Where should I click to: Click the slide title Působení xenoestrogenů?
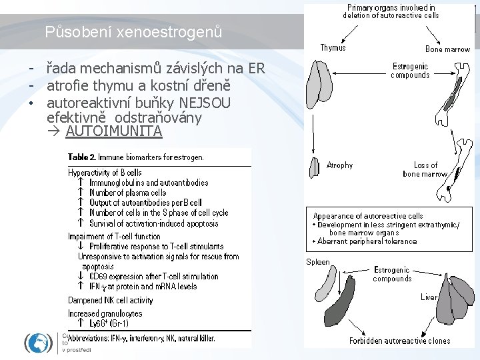coord(133,31)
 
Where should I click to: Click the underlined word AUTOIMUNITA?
coord(113,131)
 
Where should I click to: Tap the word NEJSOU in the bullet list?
coord(207,103)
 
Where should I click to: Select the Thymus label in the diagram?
coord(333,48)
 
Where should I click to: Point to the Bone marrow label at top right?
coord(447,49)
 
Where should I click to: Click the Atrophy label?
coord(340,165)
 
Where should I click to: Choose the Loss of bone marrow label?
coord(425,169)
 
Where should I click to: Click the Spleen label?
coord(318,262)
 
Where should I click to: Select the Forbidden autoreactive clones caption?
coord(399,341)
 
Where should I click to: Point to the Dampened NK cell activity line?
coord(111,300)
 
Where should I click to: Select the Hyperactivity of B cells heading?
coord(105,173)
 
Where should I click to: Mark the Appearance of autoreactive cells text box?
coord(389,229)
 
